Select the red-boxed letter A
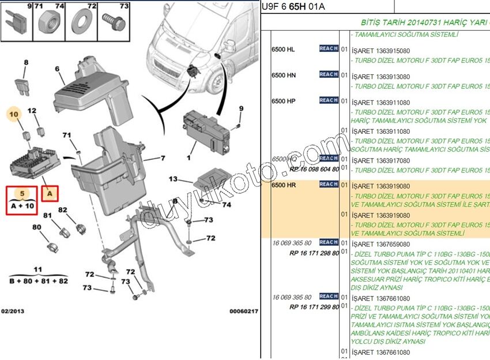pyautogui.click(x=50, y=194)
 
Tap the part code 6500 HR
pyautogui.click(x=284, y=185)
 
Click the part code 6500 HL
pyautogui.click(x=283, y=50)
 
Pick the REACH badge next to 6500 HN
pyautogui.click(x=329, y=74)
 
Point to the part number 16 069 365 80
pyautogui.click(x=292, y=243)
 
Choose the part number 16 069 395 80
pyautogui.click(x=292, y=297)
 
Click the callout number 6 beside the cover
pyautogui.click(x=57, y=69)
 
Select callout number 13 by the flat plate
pyautogui.click(x=174, y=179)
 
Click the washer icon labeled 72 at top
pyautogui.click(x=78, y=26)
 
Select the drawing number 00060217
pyautogui.click(x=244, y=312)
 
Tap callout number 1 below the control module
pyautogui.click(x=189, y=156)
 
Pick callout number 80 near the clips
pyautogui.click(x=36, y=227)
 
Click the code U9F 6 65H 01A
pyautogui.click(x=292, y=6)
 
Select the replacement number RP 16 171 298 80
pyautogui.click(x=314, y=253)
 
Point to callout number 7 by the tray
pyautogui.click(x=163, y=157)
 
